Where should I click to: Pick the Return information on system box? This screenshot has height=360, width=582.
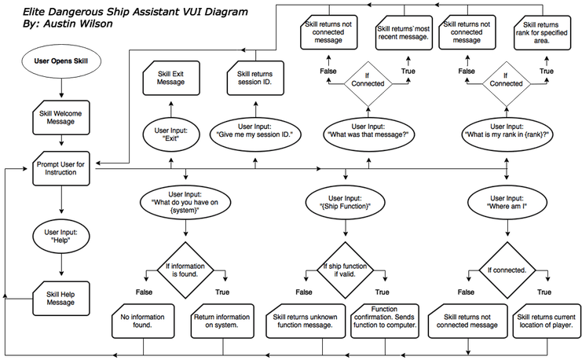click(x=221, y=321)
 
